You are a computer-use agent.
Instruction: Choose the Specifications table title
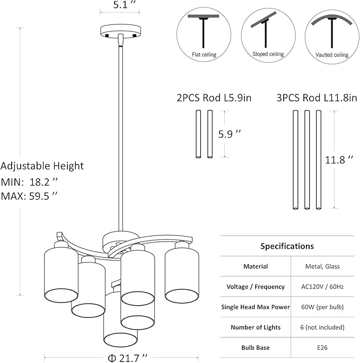(x=287, y=246)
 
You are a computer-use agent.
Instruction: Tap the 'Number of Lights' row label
(x=256, y=327)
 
